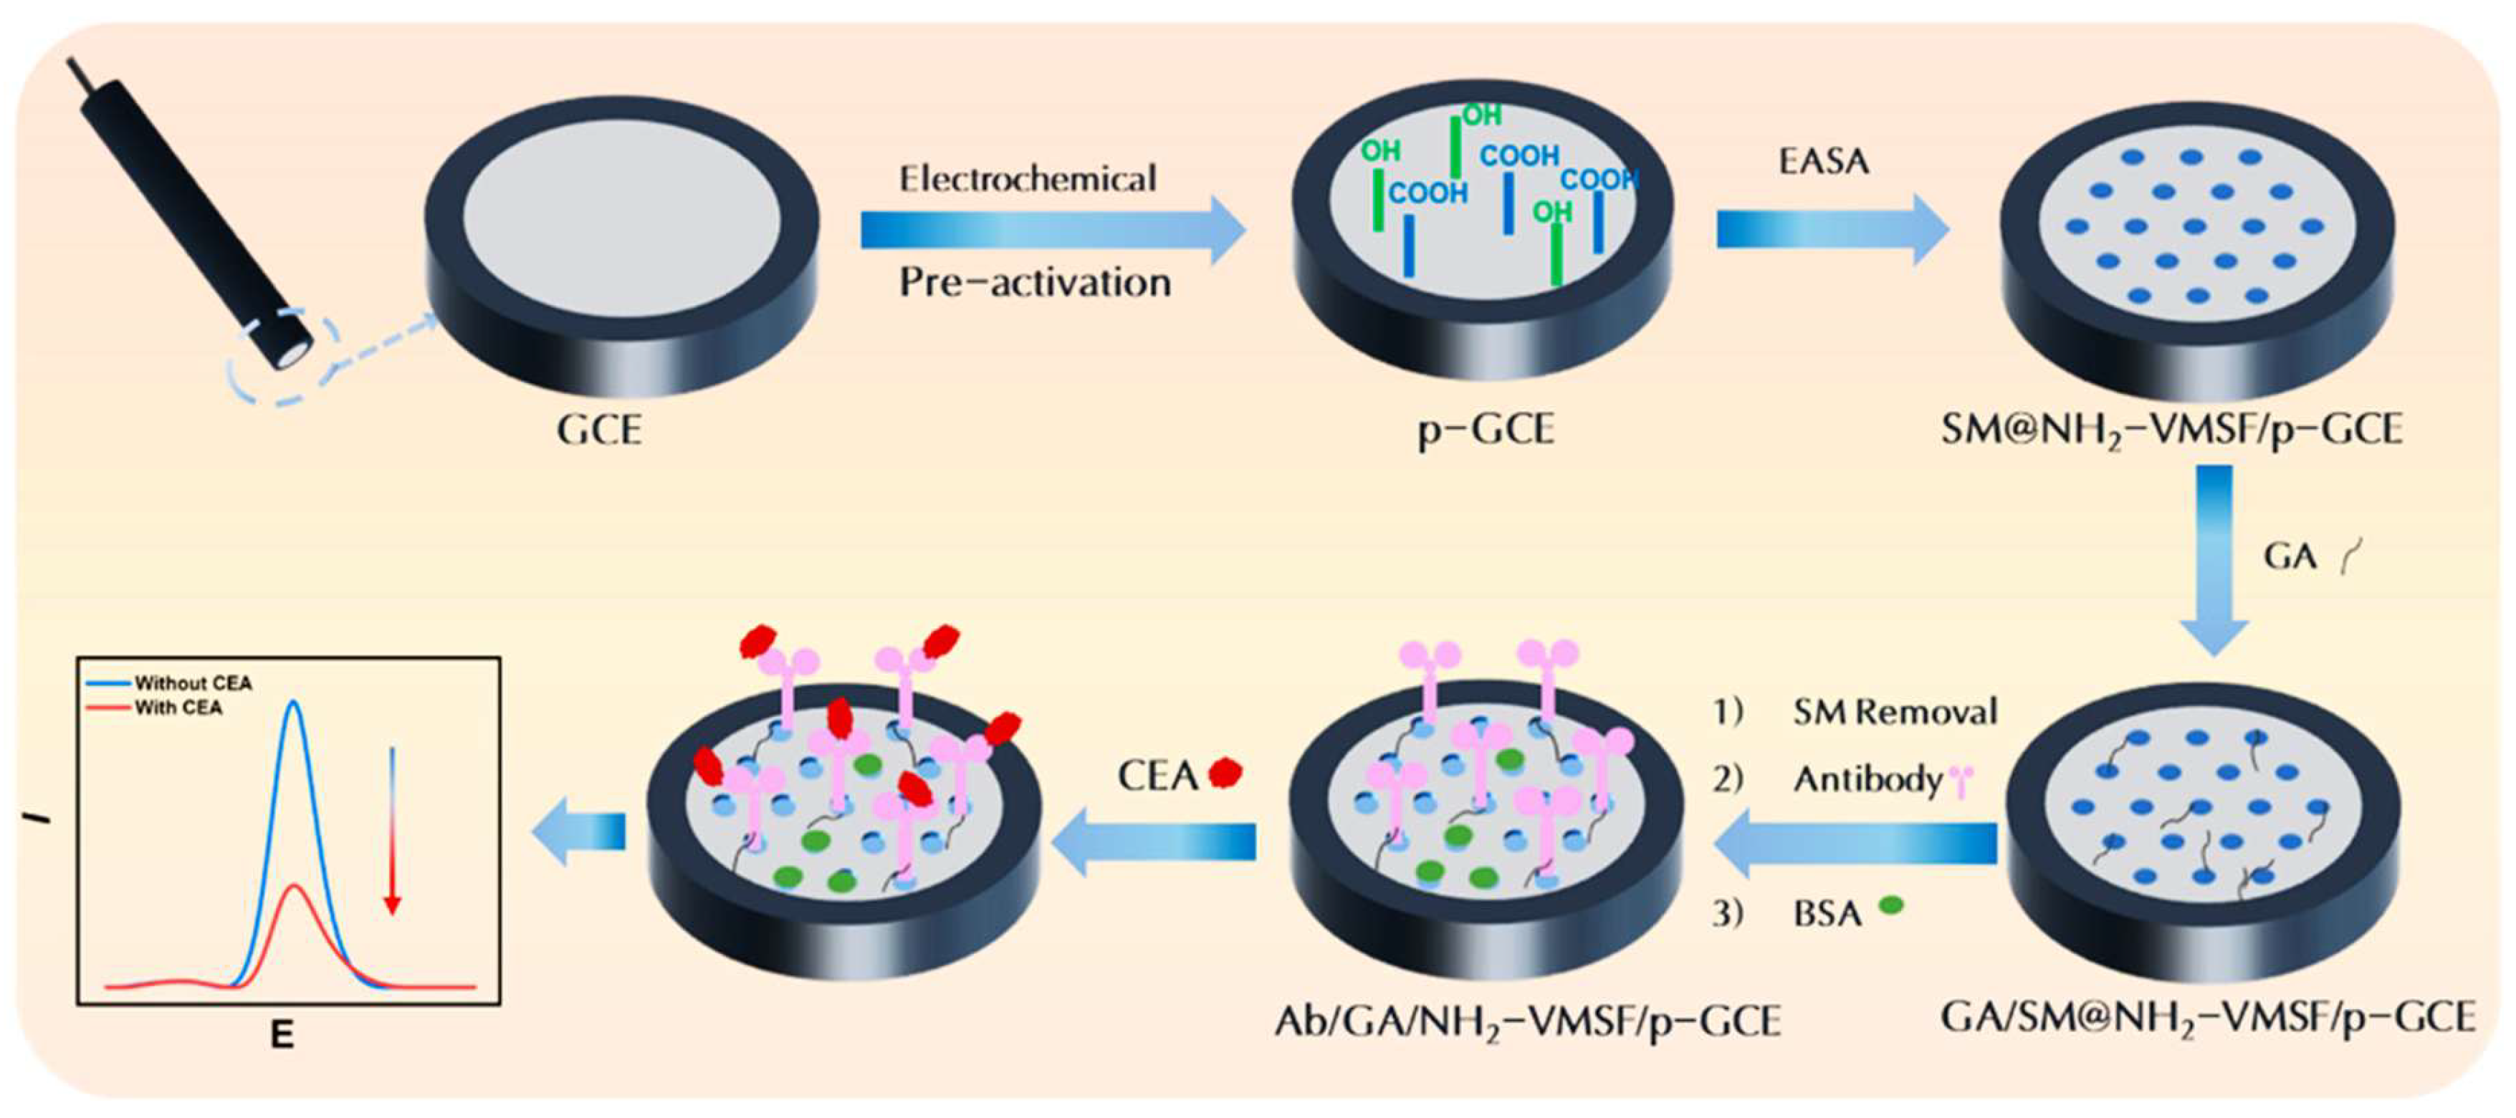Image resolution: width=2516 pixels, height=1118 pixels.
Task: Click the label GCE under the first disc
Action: [x=598, y=430]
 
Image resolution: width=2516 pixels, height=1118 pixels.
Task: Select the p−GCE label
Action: [x=1486, y=430]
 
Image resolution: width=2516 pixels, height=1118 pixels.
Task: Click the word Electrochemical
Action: [x=1028, y=178]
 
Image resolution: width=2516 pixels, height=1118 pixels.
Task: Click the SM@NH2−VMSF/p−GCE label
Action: [x=2171, y=430]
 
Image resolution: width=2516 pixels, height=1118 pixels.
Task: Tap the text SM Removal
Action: [x=1895, y=712]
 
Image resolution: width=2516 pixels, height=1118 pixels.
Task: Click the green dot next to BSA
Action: [x=1891, y=905]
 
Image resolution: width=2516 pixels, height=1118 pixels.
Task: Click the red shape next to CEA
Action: [x=1225, y=774]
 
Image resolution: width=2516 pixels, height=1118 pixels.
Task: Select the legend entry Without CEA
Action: [x=193, y=683]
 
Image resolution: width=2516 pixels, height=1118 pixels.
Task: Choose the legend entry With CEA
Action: [x=178, y=707]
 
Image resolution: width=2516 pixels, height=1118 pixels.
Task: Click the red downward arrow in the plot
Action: [x=392, y=830]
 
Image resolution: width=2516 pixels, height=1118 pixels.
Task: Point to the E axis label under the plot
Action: [x=282, y=1035]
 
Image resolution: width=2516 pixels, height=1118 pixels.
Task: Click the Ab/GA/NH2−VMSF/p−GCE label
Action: [x=1528, y=1021]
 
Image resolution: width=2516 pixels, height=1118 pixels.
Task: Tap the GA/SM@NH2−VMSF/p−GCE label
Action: [x=2207, y=1018]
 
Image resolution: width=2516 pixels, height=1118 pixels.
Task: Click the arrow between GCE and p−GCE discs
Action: [x=1052, y=229]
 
